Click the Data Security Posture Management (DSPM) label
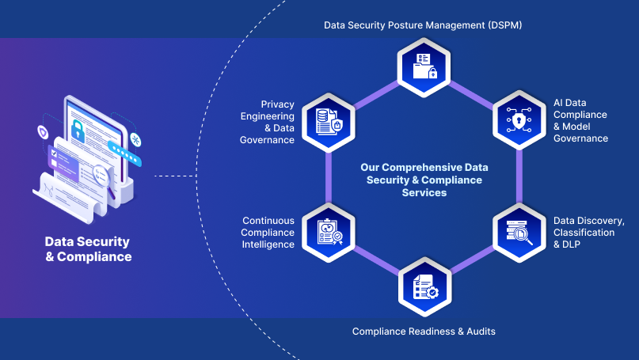[x=423, y=25]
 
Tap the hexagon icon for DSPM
[x=423, y=66]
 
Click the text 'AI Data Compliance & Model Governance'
[x=580, y=120]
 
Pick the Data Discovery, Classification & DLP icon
[x=518, y=231]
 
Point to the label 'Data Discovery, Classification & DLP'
[x=588, y=232]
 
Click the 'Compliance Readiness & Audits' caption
[x=424, y=332]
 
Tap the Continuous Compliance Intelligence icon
[x=327, y=231]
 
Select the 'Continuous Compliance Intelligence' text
[x=268, y=233]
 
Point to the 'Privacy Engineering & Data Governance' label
[x=268, y=122]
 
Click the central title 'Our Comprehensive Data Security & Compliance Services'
[x=424, y=180]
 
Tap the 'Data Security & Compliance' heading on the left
[x=88, y=249]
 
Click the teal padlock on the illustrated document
[x=78, y=130]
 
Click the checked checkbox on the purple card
[x=54, y=152]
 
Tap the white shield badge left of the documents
[x=43, y=130]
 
